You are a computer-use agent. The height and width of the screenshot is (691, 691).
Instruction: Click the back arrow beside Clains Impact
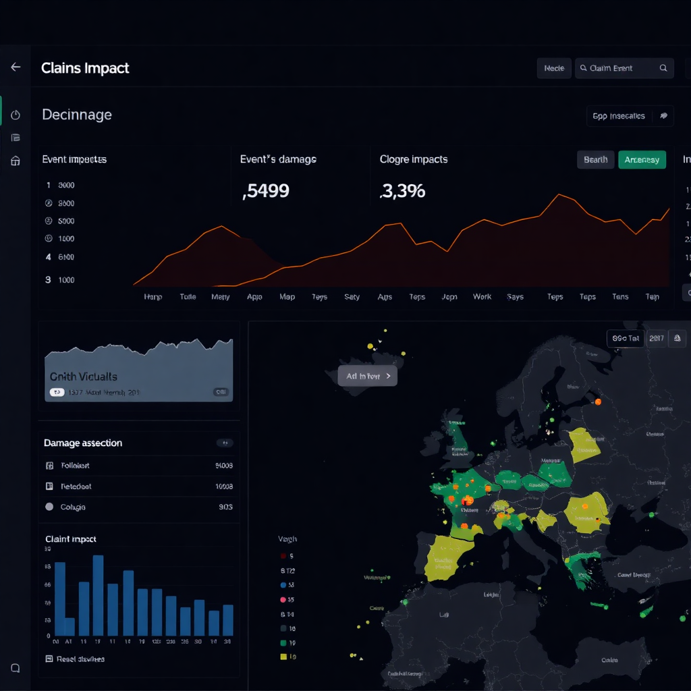pyautogui.click(x=16, y=67)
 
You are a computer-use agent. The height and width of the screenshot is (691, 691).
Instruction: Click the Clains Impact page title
pyautogui.click(x=85, y=68)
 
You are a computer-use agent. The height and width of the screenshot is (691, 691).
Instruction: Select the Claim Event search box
pyautogui.click(x=624, y=68)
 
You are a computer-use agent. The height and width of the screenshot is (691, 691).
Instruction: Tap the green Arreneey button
pyautogui.click(x=642, y=160)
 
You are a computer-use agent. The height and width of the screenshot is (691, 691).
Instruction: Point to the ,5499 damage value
pyautogui.click(x=266, y=191)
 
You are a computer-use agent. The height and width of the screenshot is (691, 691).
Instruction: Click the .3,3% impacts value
pyautogui.click(x=403, y=191)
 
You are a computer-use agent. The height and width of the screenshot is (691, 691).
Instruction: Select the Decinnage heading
pyautogui.click(x=77, y=115)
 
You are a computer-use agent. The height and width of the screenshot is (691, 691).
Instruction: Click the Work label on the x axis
pyautogui.click(x=482, y=297)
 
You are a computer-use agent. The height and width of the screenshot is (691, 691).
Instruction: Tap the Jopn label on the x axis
pyautogui.click(x=449, y=297)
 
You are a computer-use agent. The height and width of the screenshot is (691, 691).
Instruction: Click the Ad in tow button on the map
pyautogui.click(x=367, y=377)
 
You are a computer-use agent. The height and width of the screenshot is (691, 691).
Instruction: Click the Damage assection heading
pyautogui.click(x=83, y=443)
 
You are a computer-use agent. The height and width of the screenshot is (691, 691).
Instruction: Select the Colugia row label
pyautogui.click(x=73, y=507)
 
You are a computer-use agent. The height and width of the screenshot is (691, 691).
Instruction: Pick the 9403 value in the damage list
pyautogui.click(x=224, y=466)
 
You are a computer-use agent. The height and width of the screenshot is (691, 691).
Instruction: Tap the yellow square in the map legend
pyautogui.click(x=283, y=657)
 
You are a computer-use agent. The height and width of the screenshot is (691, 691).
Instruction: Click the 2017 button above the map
pyautogui.click(x=655, y=338)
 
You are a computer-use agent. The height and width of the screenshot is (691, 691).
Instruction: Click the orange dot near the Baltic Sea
pyautogui.click(x=597, y=402)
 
